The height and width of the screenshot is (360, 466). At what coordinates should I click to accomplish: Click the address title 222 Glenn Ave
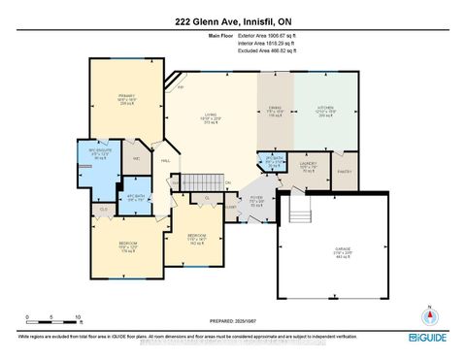click(234, 20)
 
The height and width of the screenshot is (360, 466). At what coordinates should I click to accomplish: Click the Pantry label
click(344, 172)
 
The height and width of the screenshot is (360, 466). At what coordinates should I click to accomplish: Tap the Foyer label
click(255, 201)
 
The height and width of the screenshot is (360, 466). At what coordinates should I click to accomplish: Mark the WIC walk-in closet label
click(136, 159)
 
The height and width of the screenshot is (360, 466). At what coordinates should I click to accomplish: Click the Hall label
click(165, 162)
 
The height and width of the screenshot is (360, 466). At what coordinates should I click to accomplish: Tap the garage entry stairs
click(300, 211)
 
